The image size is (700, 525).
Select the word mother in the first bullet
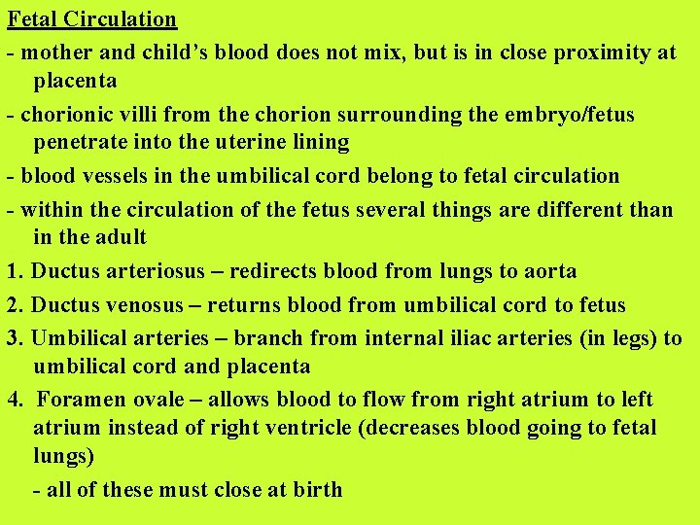tap(54, 52)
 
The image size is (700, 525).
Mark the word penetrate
tap(81, 142)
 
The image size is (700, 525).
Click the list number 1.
tap(13, 271)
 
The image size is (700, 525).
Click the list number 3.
tap(13, 338)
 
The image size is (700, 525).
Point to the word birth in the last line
tap(318, 489)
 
